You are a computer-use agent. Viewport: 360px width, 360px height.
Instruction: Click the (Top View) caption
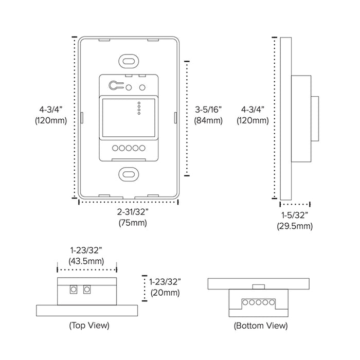(89, 326)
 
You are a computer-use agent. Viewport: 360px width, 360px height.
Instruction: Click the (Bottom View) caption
(260, 326)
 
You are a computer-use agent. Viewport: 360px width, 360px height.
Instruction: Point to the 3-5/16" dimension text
(208, 110)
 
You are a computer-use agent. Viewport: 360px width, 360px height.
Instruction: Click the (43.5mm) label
(87, 261)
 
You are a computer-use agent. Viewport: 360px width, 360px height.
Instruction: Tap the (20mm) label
(165, 293)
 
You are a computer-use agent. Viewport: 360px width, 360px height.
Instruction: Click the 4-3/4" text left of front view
(51, 110)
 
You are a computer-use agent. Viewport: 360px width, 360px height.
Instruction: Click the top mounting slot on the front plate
(128, 60)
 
